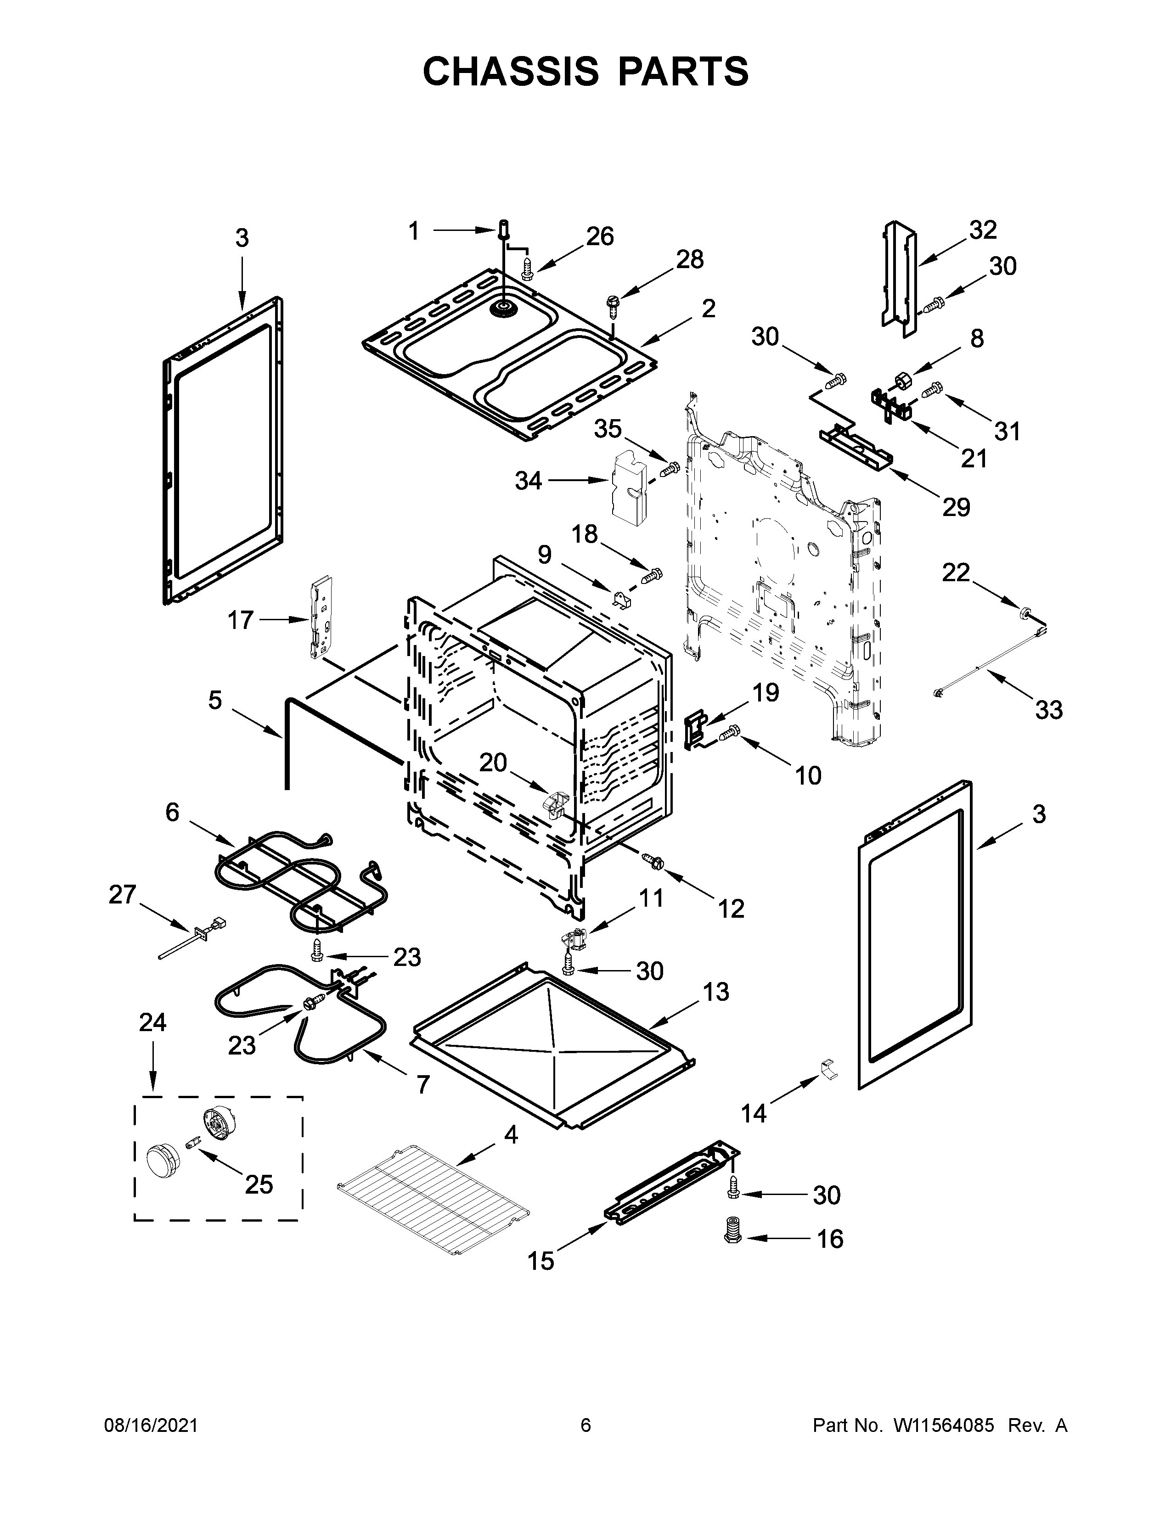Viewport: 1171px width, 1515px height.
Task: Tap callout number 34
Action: tap(528, 480)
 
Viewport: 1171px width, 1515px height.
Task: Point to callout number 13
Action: tap(716, 992)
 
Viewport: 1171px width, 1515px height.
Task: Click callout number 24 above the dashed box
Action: tap(152, 1022)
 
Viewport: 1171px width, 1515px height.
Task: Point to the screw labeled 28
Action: tap(613, 303)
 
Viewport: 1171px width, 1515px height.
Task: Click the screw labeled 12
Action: tap(653, 860)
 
